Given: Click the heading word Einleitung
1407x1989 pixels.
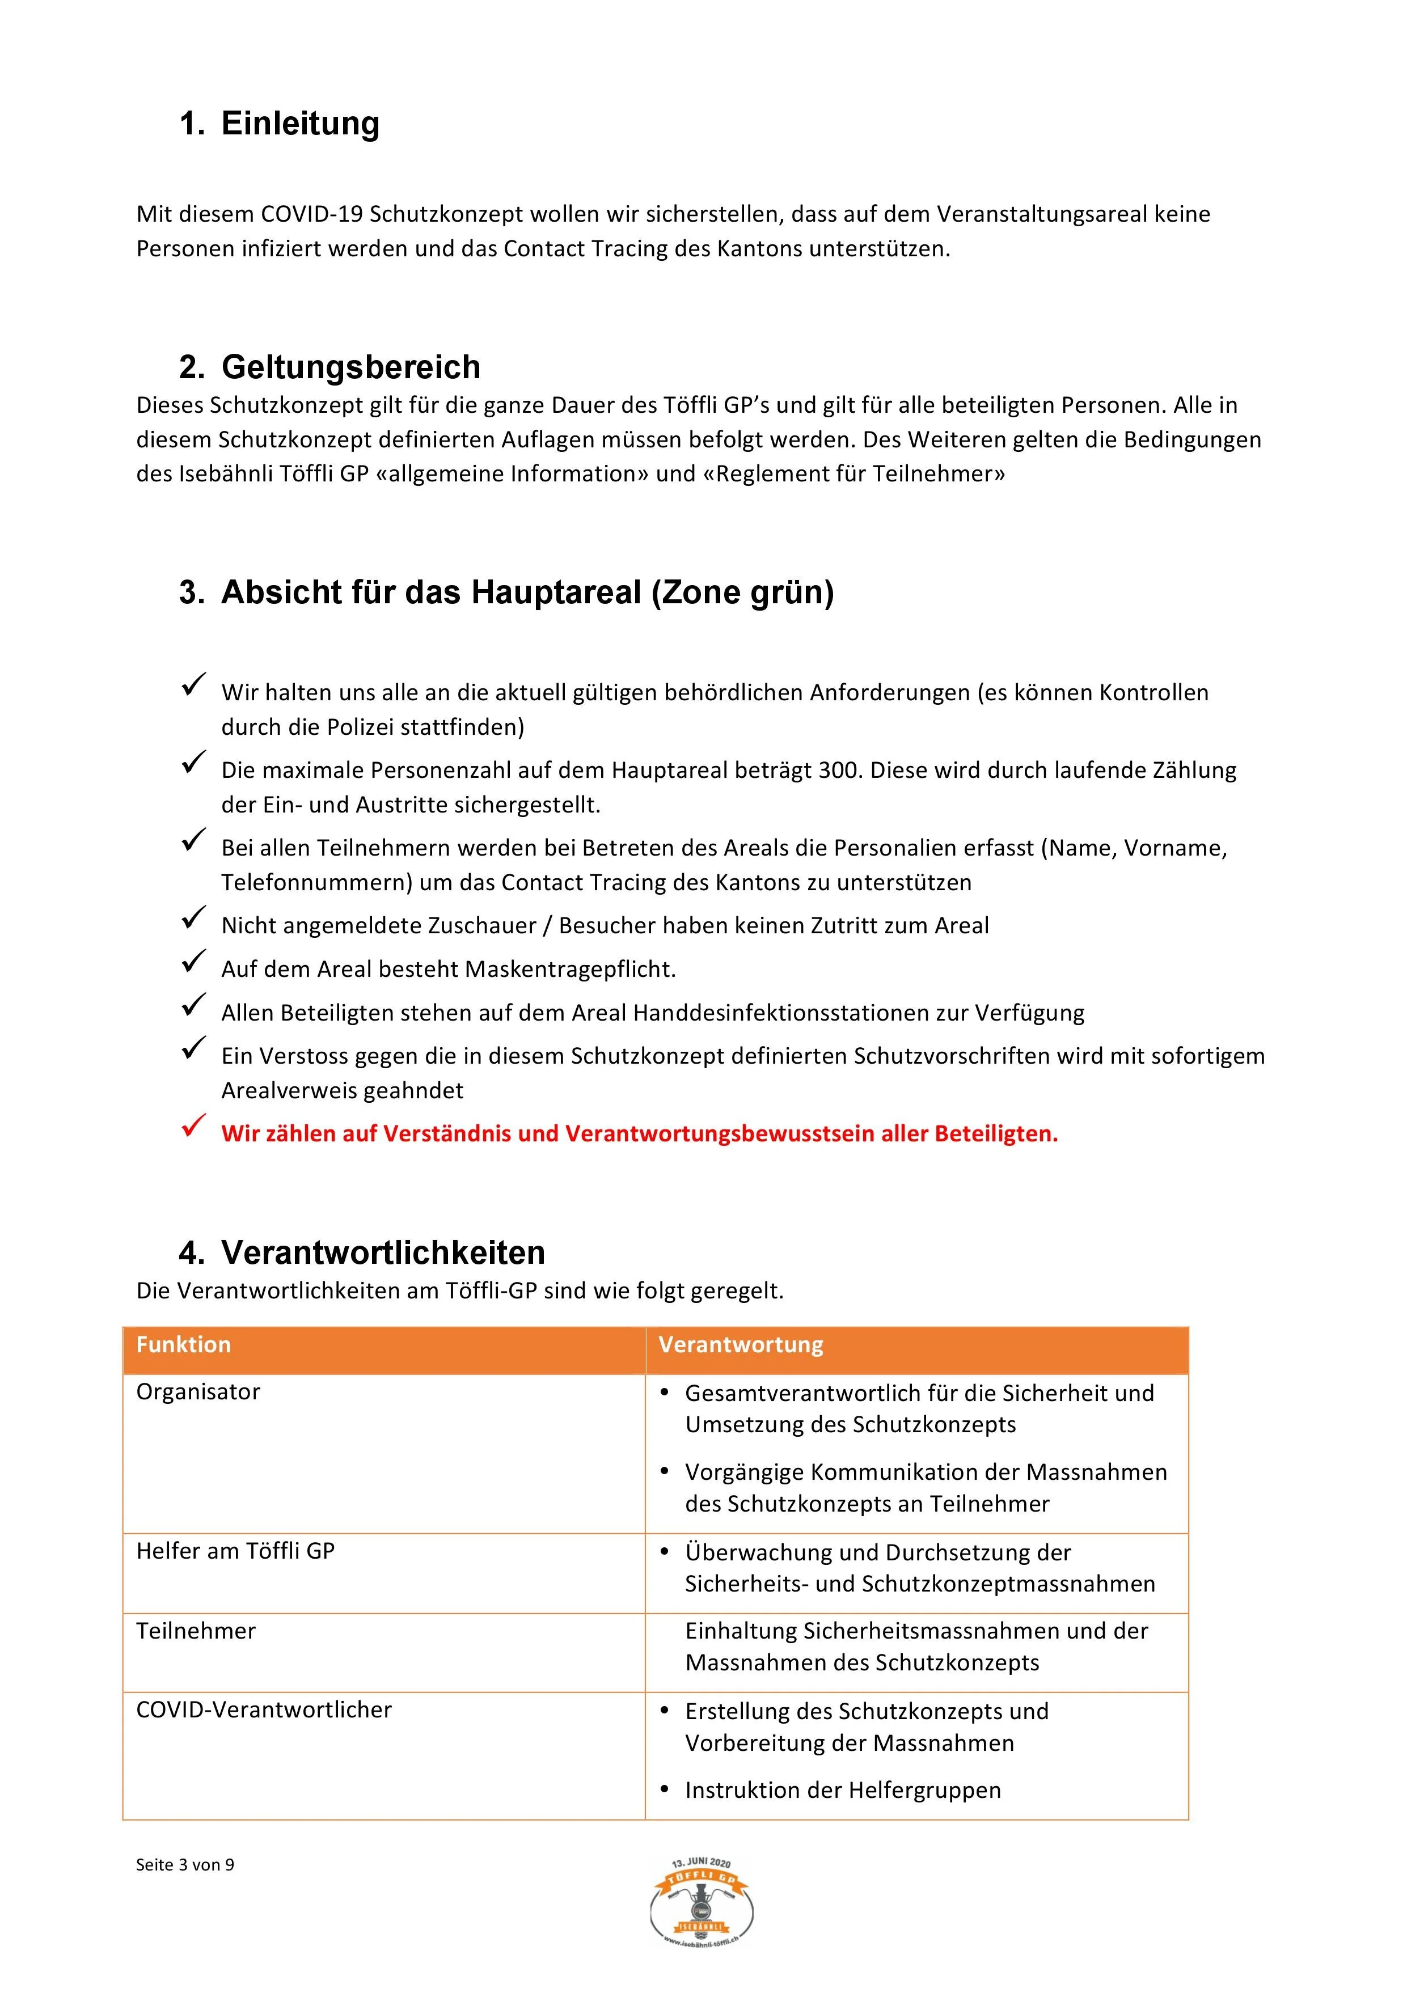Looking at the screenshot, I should click(300, 123).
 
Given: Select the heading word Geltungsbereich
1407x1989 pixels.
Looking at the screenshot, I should click(351, 367).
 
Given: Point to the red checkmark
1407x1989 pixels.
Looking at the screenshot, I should click(192, 1126).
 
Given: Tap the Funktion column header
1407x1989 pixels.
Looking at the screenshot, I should click(184, 1344).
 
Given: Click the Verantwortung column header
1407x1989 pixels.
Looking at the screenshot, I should click(741, 1344).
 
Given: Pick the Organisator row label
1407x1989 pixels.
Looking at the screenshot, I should click(198, 1392).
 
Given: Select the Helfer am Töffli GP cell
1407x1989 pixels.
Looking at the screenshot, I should click(236, 1551).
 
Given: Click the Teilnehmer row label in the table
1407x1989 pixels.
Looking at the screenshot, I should click(196, 1630).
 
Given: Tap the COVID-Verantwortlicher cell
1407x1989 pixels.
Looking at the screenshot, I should click(264, 1709).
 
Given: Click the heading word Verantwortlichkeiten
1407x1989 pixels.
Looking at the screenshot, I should click(383, 1252).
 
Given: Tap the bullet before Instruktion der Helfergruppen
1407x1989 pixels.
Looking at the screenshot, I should click(665, 1790).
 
